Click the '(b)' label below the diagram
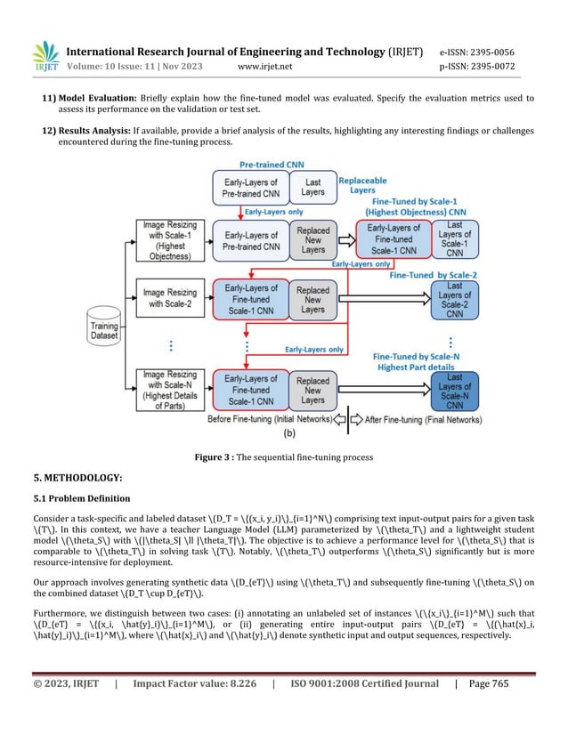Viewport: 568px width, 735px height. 290,435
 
